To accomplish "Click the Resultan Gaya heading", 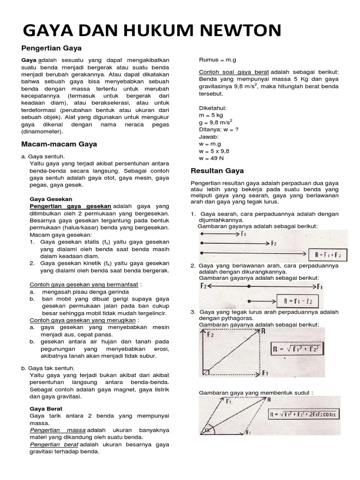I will [x=217, y=171].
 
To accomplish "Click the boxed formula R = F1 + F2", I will [x=327, y=255].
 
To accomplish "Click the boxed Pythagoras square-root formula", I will [x=298, y=349].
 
